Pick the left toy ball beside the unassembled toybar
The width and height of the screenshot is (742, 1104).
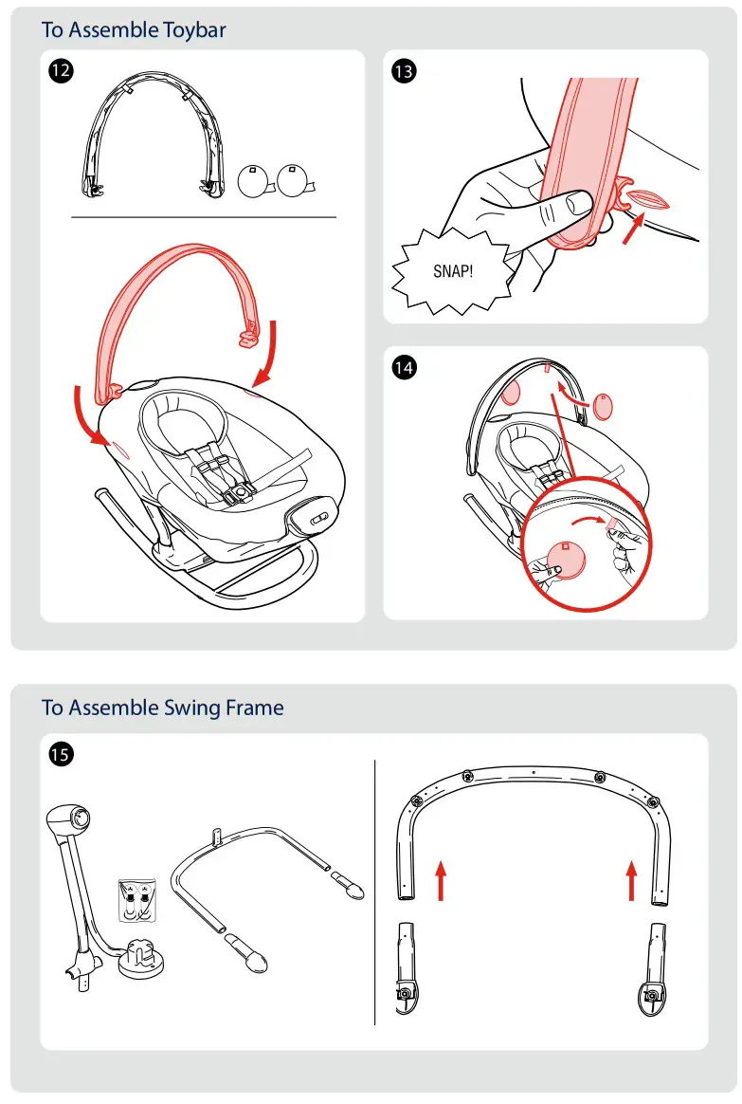click(x=255, y=182)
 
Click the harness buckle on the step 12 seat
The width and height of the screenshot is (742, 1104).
click(x=242, y=491)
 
